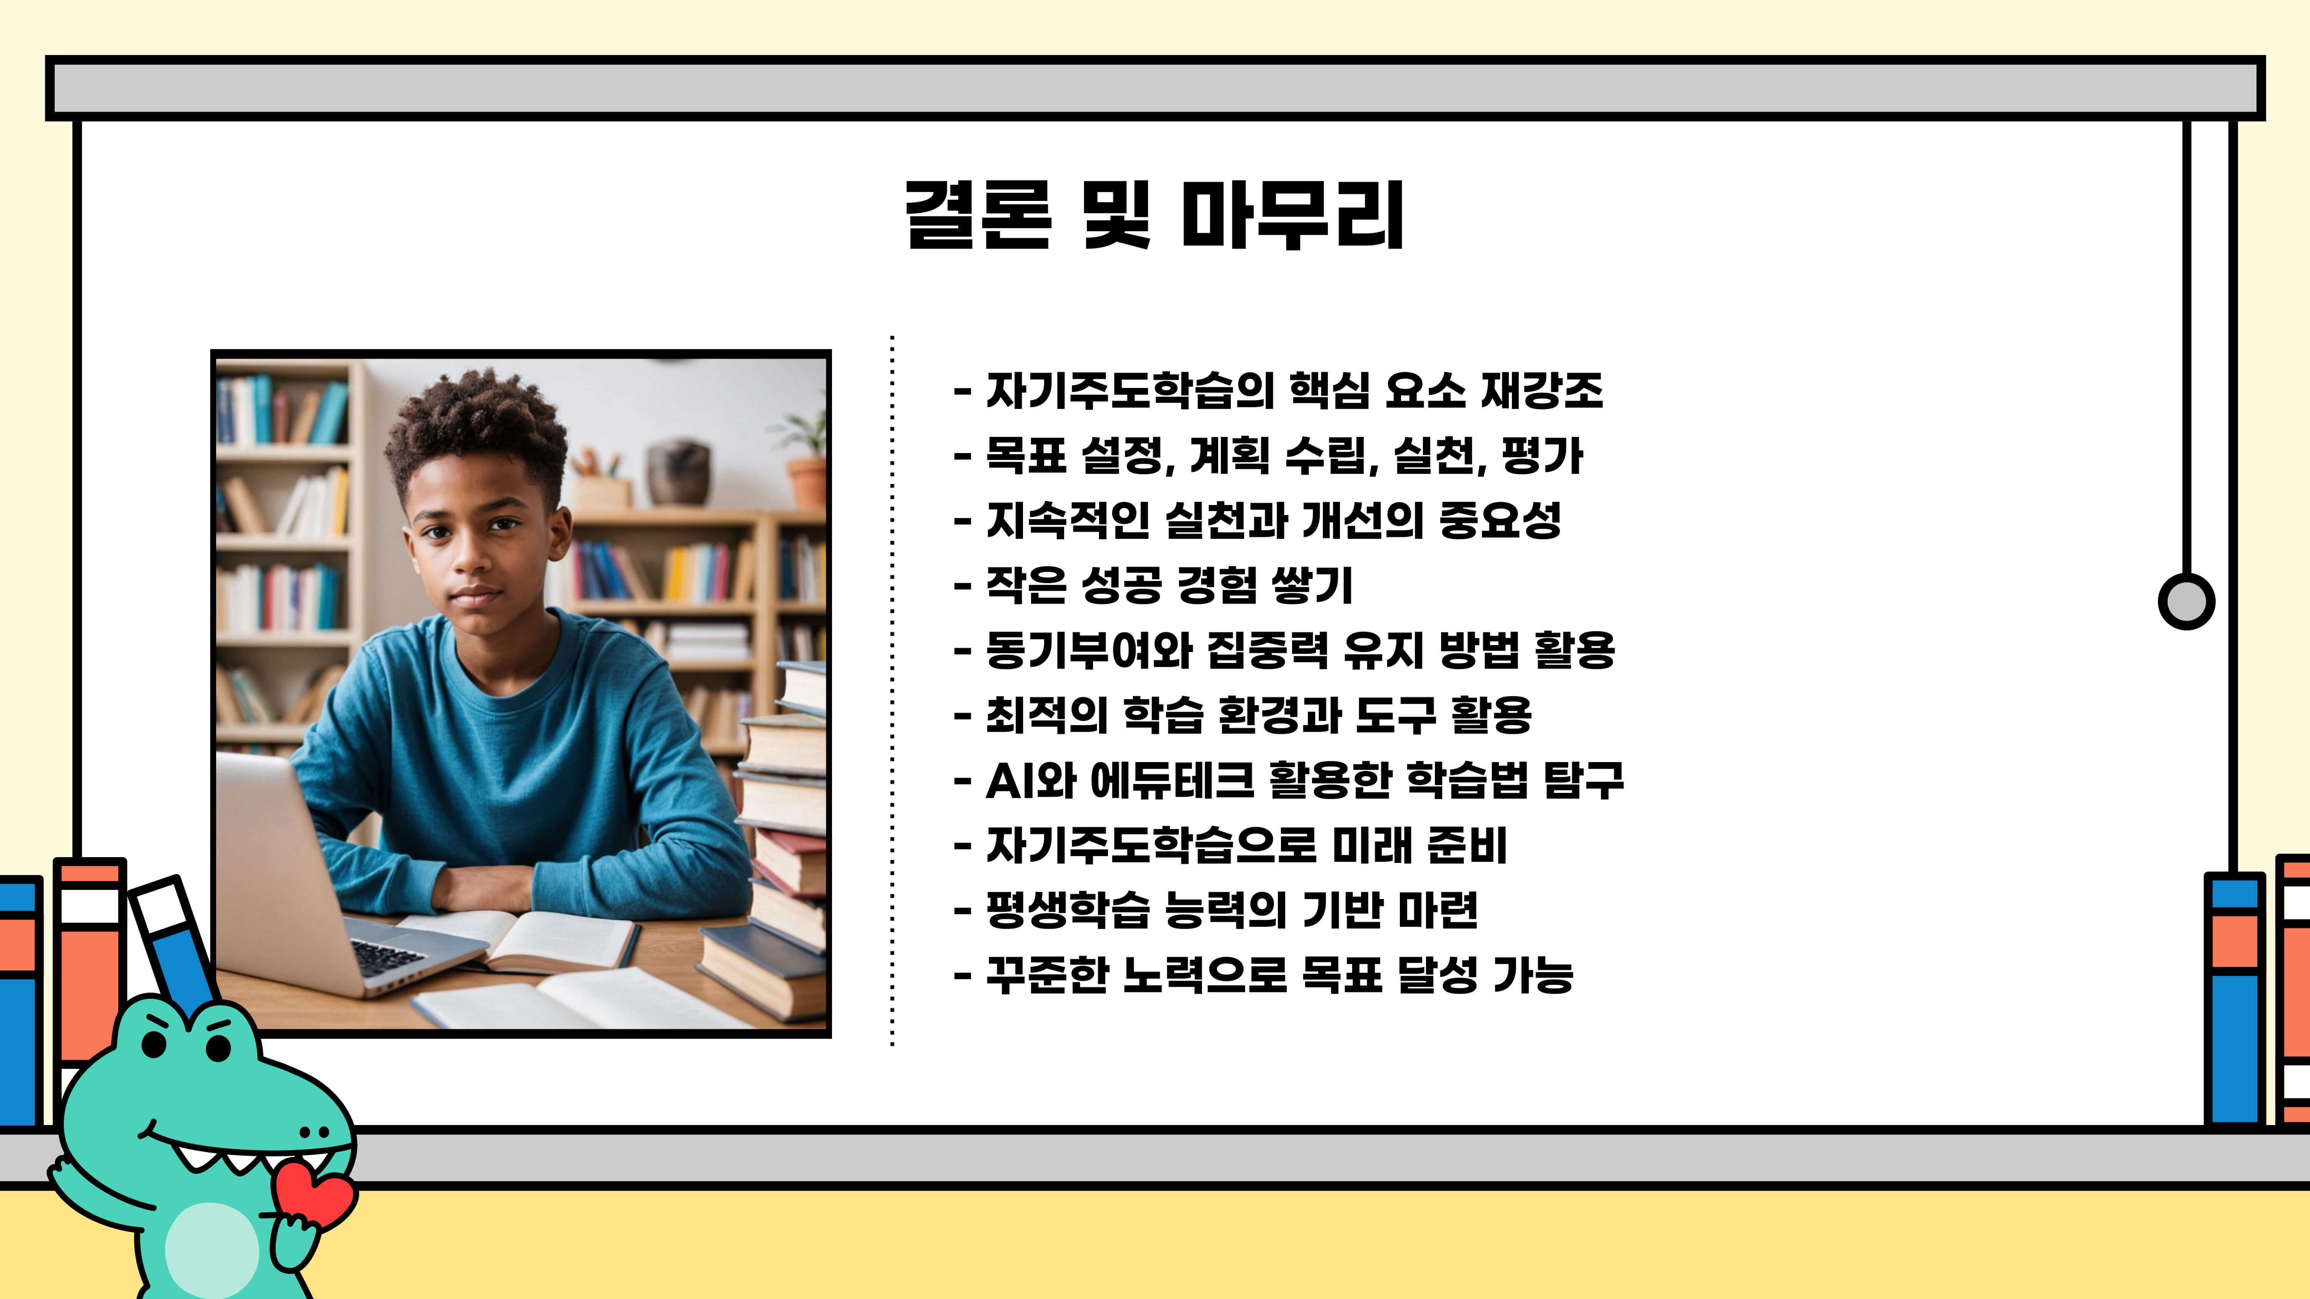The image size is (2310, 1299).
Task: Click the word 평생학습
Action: click(1067, 910)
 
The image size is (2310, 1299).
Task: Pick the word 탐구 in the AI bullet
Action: click(1583, 780)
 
